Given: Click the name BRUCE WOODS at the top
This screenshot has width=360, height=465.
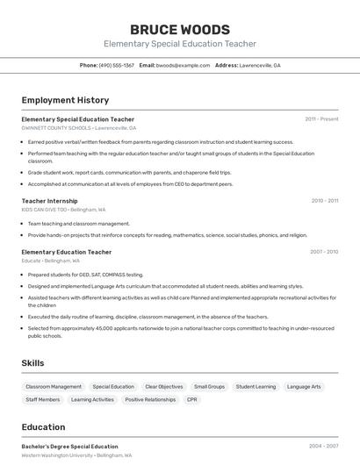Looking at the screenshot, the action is point(180,29).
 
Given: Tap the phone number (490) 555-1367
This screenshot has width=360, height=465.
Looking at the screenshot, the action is point(117,65).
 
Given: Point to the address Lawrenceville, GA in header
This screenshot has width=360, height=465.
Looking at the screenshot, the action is point(260,65).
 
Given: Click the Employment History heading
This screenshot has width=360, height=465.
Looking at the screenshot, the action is point(65,100).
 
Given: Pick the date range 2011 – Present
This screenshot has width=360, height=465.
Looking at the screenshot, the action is point(321,118).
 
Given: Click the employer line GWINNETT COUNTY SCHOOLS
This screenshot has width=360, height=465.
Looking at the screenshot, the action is point(79,127).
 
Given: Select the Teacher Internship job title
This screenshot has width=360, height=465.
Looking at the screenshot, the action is point(49,201).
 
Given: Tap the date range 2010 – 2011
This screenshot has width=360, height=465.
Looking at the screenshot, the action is point(324,201).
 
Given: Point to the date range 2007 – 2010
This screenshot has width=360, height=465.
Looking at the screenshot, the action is point(323,252).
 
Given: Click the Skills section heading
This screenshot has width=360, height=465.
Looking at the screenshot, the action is point(33,362).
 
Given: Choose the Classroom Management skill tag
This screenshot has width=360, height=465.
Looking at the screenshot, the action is point(54,386).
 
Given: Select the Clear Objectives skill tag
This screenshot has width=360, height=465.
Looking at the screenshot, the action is point(164,386).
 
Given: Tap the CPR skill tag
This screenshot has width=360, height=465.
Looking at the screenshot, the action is point(192,399).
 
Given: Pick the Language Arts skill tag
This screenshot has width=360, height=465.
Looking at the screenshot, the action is point(304,386).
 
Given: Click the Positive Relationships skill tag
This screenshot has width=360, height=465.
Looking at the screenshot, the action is point(150,399).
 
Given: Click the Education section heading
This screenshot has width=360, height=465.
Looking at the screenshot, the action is point(43,427).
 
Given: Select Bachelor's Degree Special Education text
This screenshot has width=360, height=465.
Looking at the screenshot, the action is point(69,447).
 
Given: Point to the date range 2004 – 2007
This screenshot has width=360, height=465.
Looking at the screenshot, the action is point(323,447).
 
